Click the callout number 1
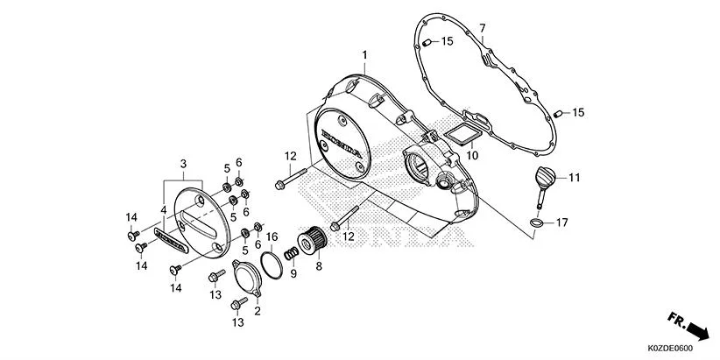tap(364, 54)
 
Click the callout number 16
tap(272, 236)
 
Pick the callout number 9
tap(294, 273)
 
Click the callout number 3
tap(182, 164)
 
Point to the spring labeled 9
tap(286, 252)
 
